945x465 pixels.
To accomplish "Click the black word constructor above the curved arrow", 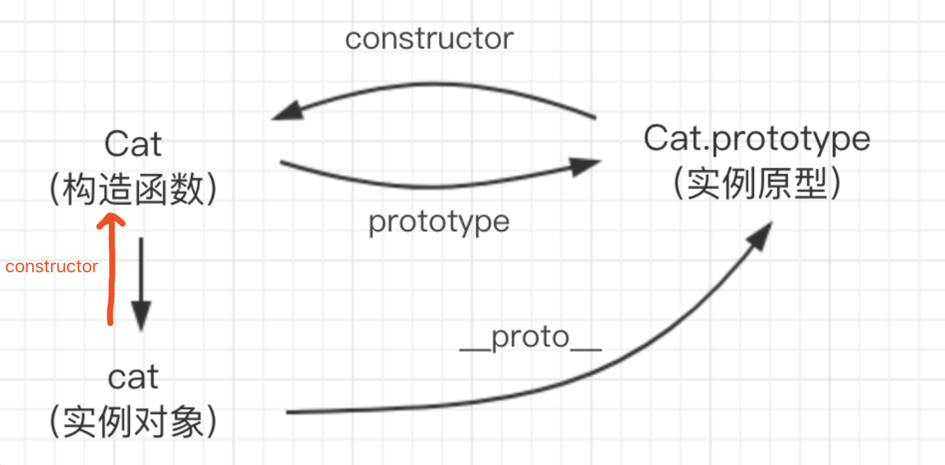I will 429,39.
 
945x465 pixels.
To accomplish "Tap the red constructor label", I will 52,267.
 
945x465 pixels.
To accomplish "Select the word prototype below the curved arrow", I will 439,222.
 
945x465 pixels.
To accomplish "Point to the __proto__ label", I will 530,338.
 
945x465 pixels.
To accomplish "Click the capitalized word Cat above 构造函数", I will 133,144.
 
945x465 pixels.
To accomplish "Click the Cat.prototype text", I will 757,139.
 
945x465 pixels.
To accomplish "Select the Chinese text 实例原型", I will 757,183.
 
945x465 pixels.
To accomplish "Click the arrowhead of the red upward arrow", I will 110,220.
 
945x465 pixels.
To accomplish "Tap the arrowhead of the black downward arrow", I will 141,315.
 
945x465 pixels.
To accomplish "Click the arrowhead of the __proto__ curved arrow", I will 761,236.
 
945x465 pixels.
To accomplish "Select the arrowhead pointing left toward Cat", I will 288,111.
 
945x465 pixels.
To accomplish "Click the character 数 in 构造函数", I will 187,189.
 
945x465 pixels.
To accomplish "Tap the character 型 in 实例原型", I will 810,183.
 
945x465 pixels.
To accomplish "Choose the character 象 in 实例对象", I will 187,422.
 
